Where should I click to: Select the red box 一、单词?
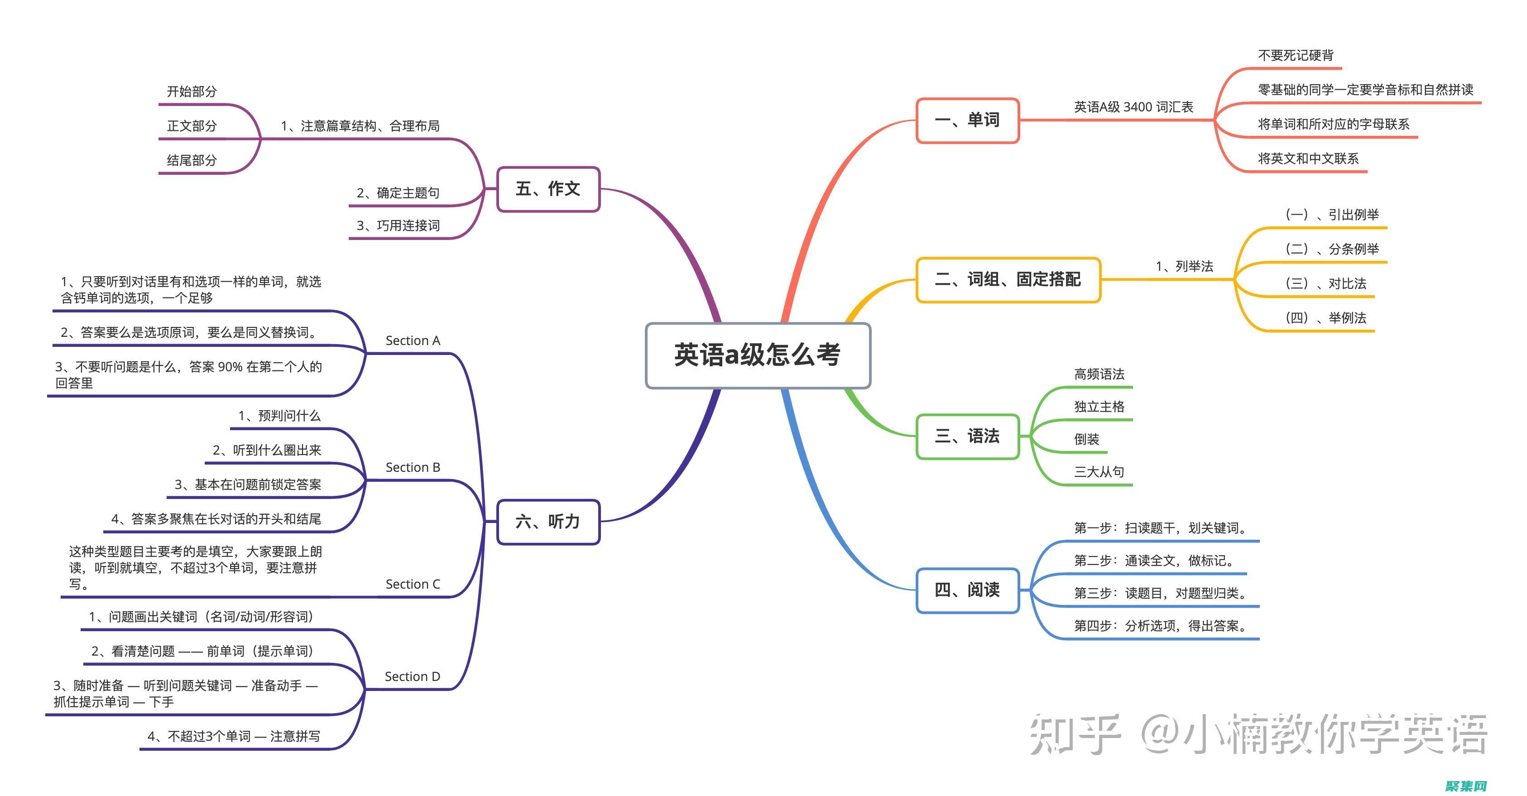(x=967, y=120)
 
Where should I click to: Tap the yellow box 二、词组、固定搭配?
(x=1008, y=280)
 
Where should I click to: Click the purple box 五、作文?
(x=548, y=189)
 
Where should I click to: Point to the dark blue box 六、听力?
(x=548, y=522)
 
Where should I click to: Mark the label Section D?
(x=412, y=677)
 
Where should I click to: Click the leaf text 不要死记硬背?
(x=1296, y=56)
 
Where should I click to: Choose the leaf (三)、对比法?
(x=1325, y=284)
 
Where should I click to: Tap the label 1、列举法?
(x=1184, y=267)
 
